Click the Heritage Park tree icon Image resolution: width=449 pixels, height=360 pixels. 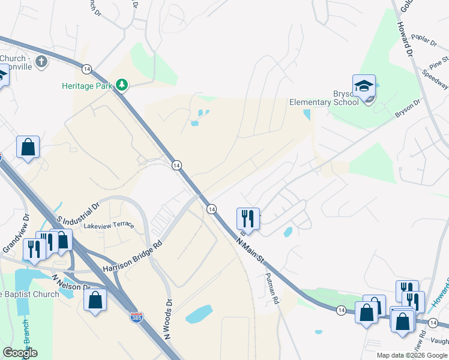(122, 85)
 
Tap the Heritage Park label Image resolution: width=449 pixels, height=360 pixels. (88, 86)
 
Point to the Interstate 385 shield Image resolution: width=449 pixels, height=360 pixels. (137, 318)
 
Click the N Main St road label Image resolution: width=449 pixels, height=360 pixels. (250, 249)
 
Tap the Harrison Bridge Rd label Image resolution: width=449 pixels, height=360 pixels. (133, 257)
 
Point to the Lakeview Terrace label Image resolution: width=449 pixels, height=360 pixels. (109, 226)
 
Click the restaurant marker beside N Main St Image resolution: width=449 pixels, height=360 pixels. (248, 218)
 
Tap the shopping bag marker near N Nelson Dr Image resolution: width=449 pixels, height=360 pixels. (95, 299)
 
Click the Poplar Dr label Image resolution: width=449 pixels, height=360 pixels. (424, 41)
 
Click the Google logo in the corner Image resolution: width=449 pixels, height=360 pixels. (20, 353)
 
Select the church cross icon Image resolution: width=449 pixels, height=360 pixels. (41, 61)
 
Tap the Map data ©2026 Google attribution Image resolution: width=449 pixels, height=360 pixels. (412, 355)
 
